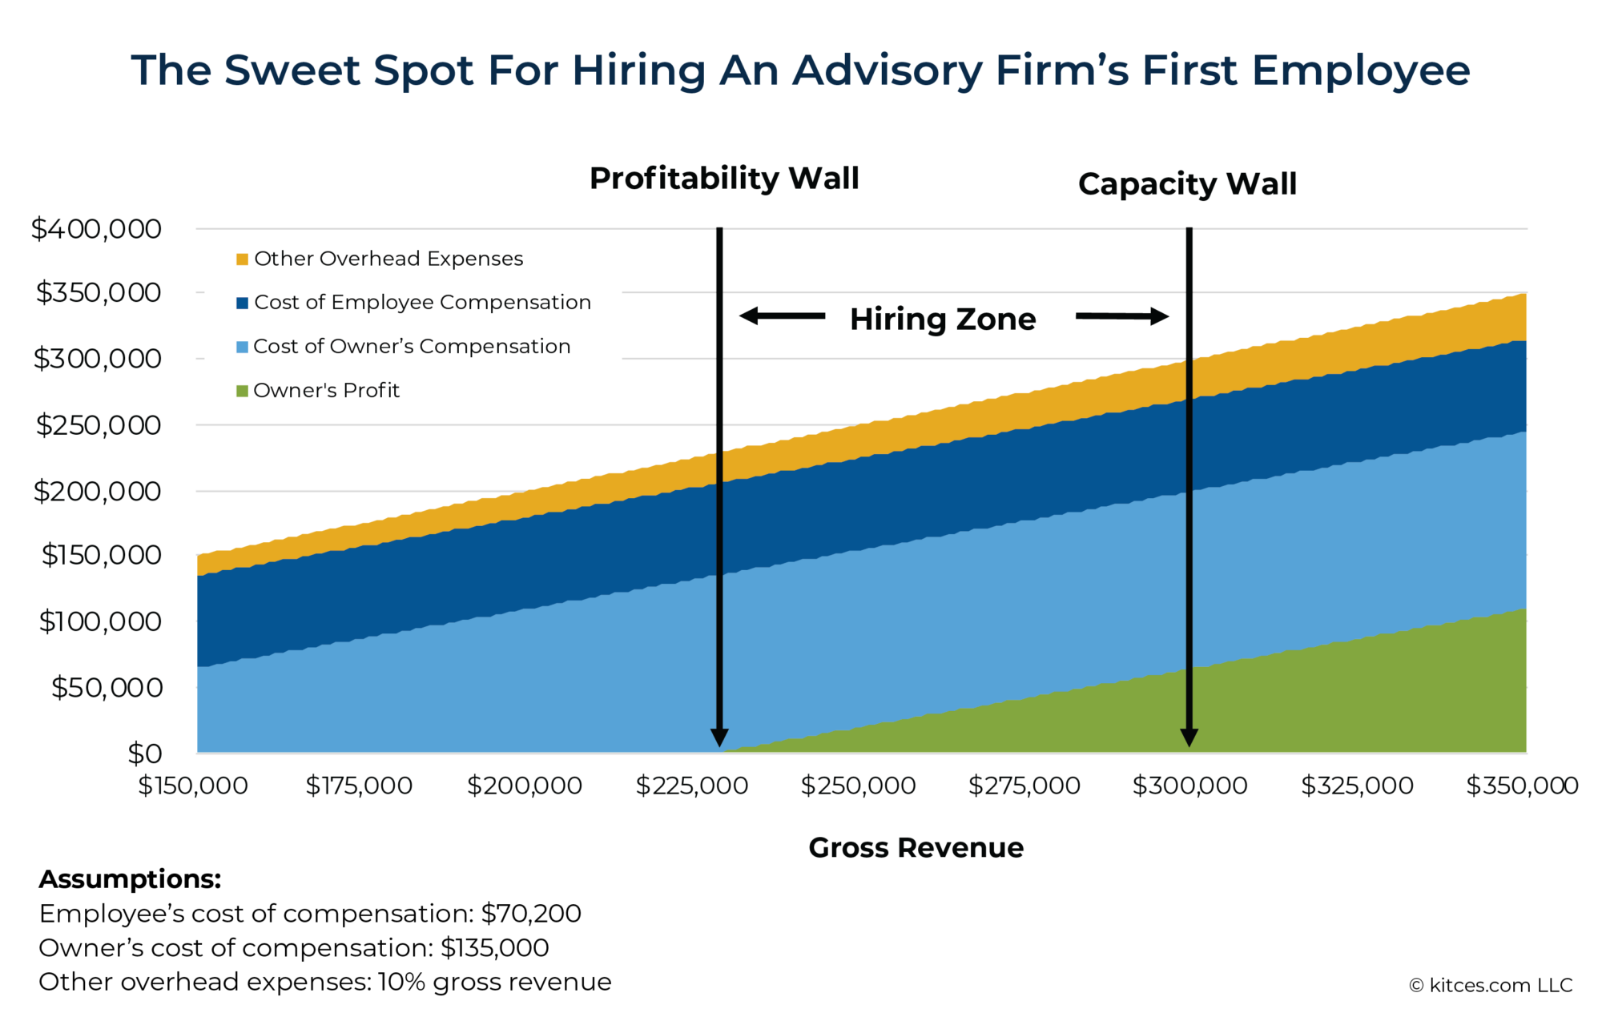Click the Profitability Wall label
coord(724,178)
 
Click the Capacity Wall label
coord(1187,184)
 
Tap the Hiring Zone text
coord(943,319)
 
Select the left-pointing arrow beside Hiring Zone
coord(782,316)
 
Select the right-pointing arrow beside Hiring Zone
coord(1122,316)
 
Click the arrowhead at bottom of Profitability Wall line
coord(719,738)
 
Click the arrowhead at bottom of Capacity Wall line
coord(1189,738)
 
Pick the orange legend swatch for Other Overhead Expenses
coord(242,259)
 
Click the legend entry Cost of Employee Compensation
coord(422,303)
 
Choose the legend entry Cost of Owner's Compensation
coord(412,347)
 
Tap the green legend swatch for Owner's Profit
coord(242,391)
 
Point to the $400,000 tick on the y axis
coord(96,229)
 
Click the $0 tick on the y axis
coord(145,754)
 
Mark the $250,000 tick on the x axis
coord(858,786)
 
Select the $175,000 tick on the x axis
coord(359,786)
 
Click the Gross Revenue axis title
coord(916,847)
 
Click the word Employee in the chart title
coord(1361,70)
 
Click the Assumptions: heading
coord(130,879)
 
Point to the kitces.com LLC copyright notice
coord(1491,985)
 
